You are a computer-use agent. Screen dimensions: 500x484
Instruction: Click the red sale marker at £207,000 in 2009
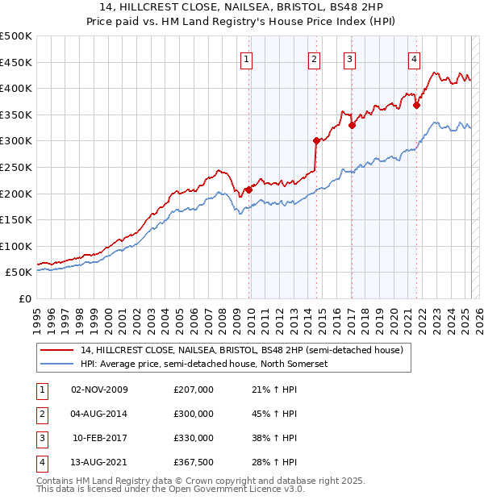point(248,190)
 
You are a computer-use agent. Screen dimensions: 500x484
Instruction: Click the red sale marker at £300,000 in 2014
point(316,140)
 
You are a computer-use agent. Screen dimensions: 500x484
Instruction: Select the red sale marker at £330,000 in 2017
point(353,125)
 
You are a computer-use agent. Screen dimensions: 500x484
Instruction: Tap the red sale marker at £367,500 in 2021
point(416,105)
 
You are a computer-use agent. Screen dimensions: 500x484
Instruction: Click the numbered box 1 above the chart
point(245,59)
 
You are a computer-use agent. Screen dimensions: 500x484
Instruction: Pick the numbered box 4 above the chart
point(413,59)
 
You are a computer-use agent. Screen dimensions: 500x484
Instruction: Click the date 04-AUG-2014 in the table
point(100,414)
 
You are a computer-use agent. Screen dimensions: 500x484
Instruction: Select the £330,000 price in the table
point(194,438)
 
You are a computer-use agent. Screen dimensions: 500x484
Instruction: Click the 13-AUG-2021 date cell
point(100,462)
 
